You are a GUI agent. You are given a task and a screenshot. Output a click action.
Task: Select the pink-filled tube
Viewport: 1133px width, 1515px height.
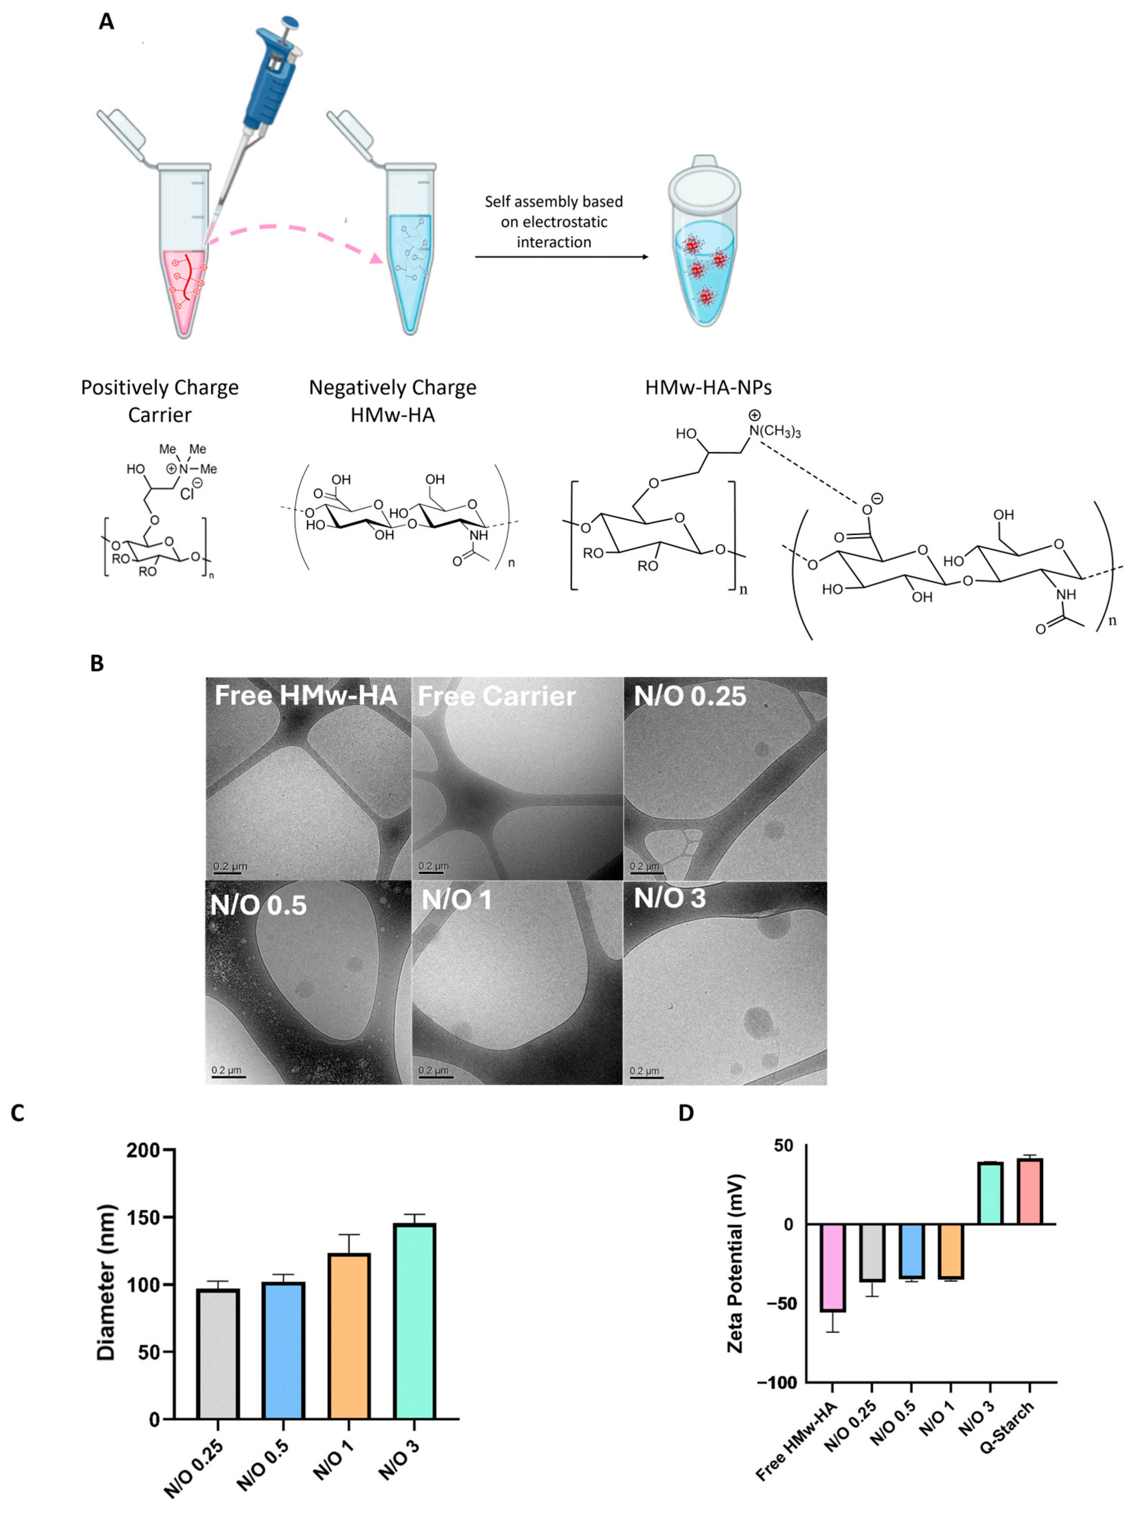(x=184, y=288)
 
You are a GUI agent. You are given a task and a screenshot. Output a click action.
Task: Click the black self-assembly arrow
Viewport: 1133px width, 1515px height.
(x=560, y=257)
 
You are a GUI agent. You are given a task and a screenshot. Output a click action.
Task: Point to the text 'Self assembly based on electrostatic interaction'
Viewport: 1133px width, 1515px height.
(x=554, y=221)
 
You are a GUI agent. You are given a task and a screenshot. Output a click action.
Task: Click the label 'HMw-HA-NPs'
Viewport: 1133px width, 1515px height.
(x=708, y=388)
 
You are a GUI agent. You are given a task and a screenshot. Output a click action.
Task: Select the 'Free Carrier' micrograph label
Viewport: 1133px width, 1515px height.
(x=497, y=697)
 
